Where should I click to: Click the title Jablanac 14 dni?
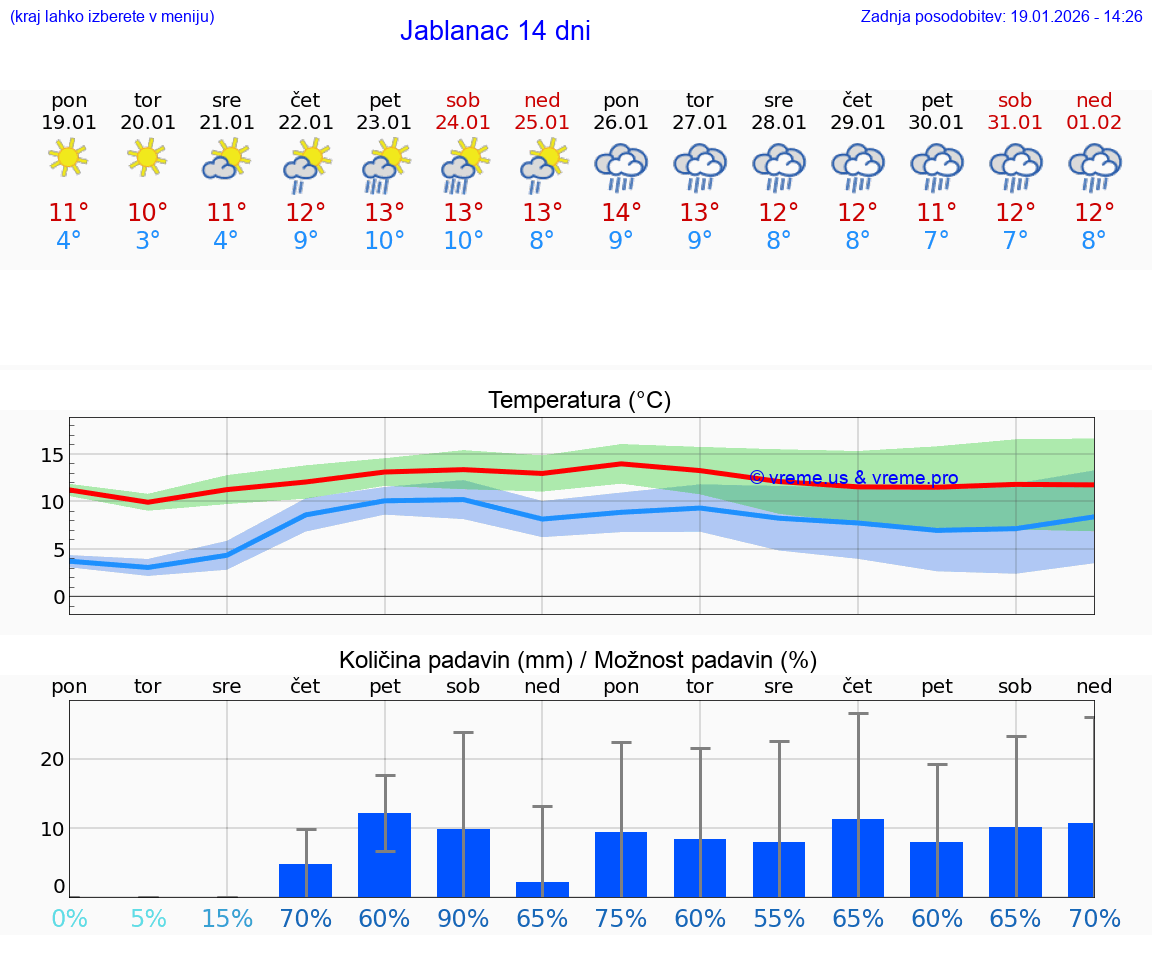(x=495, y=31)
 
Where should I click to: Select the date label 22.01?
(x=306, y=122)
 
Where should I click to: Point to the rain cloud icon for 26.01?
(x=621, y=166)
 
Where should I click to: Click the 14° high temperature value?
(x=621, y=213)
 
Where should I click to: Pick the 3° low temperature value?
(x=148, y=241)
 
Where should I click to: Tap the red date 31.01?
(x=1015, y=122)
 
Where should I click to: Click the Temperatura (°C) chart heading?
(x=579, y=400)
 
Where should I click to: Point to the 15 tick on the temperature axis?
(x=52, y=455)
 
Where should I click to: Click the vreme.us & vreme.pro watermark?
(x=853, y=478)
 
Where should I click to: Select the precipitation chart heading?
(x=578, y=660)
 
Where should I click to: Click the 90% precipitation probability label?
(x=463, y=918)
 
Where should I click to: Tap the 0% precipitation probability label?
(x=69, y=918)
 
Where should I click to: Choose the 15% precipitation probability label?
(x=227, y=918)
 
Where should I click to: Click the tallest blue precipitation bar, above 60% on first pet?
(x=385, y=855)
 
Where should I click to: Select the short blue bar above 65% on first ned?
(x=542, y=889)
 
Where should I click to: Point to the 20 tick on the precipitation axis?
(x=52, y=759)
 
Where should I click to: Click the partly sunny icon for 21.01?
(x=227, y=159)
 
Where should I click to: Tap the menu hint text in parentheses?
(x=112, y=16)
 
